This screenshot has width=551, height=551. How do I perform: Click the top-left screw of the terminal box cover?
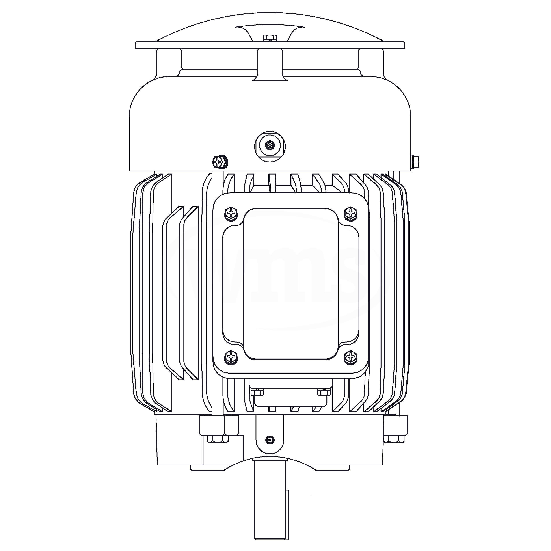tap(231, 214)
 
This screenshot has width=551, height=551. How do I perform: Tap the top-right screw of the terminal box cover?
tap(350, 214)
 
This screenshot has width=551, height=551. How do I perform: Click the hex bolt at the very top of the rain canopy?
tap(270, 38)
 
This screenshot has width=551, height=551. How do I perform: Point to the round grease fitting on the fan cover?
tap(270, 146)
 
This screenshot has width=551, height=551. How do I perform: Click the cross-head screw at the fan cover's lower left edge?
tap(220, 162)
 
